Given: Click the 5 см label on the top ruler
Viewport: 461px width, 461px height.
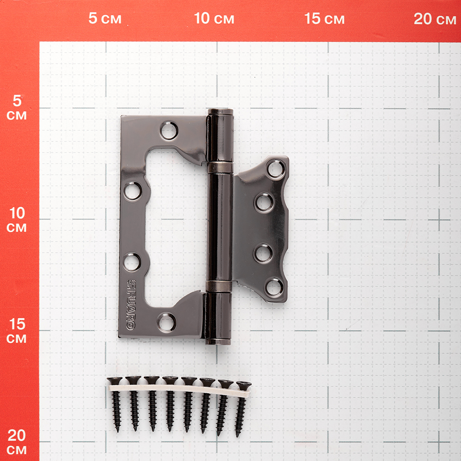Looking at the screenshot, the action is (105, 18).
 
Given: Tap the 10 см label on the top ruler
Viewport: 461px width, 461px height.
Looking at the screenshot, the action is (214, 18).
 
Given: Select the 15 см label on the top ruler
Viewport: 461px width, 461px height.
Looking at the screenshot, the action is (324, 18).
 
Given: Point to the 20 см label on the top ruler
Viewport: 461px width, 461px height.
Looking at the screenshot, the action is (435, 18).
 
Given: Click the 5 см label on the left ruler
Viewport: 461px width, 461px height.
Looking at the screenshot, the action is (17, 107).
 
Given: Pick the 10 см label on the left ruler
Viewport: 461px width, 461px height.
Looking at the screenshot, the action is (17, 219).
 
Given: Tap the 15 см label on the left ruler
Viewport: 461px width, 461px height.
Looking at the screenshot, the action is (17, 331).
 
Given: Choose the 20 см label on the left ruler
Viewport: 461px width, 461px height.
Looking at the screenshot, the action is (17, 442).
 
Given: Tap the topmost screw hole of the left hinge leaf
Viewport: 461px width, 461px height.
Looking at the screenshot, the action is (169, 130).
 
